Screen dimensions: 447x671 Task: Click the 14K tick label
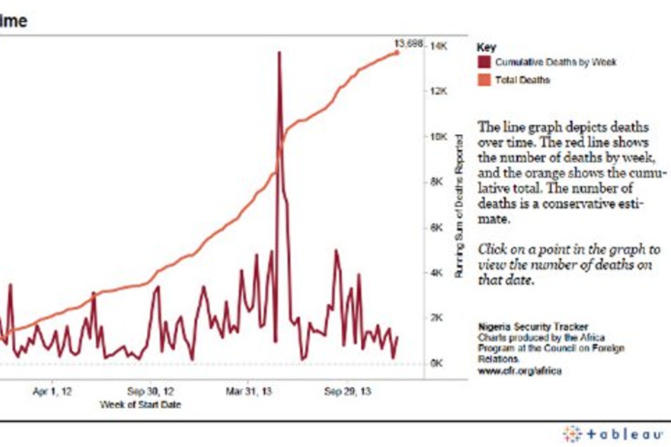click(439, 46)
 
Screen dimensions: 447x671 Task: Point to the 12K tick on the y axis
click(439, 91)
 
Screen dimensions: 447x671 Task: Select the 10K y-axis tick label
click(439, 137)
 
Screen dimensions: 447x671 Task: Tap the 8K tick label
click(437, 182)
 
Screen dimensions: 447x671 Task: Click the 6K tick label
click(437, 228)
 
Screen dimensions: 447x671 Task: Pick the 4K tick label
click(437, 273)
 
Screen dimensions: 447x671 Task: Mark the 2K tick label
click(437, 318)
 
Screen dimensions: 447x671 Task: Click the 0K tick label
click(437, 363)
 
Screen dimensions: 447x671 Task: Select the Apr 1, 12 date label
click(52, 391)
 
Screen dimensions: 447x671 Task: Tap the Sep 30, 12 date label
click(151, 391)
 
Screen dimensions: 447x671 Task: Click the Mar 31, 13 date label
click(248, 391)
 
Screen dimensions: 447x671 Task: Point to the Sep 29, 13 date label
click(347, 391)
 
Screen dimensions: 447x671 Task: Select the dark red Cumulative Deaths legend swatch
click(484, 62)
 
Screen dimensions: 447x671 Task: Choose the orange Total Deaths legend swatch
click(484, 80)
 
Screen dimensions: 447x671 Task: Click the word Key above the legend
click(486, 47)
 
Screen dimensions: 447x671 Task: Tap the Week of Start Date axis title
click(140, 405)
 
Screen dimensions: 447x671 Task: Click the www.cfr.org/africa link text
click(520, 371)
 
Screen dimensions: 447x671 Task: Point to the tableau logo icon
click(572, 434)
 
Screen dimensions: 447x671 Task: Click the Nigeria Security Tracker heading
click(533, 327)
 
